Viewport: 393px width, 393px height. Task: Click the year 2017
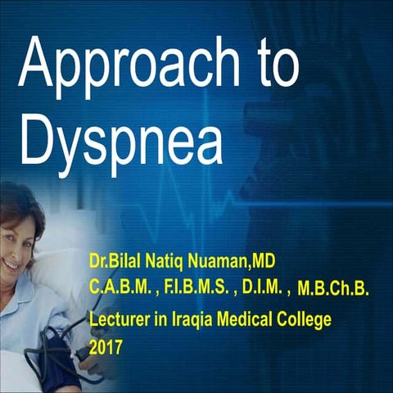click(x=106, y=347)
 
